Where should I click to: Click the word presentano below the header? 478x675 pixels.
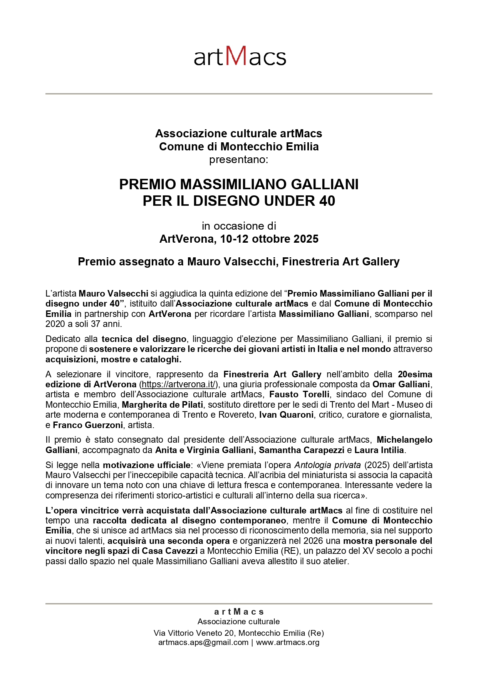click(x=238, y=160)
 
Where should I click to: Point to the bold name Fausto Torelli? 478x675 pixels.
click(x=299, y=394)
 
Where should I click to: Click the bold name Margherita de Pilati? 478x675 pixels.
click(x=162, y=405)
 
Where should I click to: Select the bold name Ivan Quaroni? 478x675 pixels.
click(x=286, y=415)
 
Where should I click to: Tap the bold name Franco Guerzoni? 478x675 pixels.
click(x=88, y=425)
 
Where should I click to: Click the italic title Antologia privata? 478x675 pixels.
click(x=327, y=465)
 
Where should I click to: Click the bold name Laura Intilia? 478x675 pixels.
click(x=379, y=450)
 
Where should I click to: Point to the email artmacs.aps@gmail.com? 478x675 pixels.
click(x=203, y=642)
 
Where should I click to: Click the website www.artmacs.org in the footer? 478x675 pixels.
click(x=287, y=642)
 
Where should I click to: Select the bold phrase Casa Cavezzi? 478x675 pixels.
click(x=170, y=551)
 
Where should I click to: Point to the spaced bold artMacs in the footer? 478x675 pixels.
click(x=239, y=612)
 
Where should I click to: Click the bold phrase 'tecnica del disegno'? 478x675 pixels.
click(x=144, y=339)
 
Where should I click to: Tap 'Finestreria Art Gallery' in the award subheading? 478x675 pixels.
click(x=341, y=262)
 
